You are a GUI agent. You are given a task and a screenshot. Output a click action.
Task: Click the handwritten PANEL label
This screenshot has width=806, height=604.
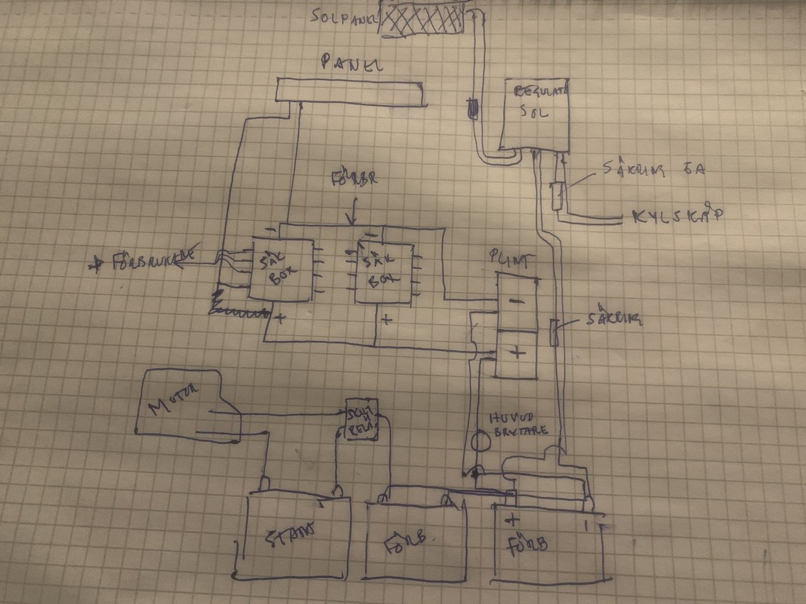pyautogui.click(x=352, y=63)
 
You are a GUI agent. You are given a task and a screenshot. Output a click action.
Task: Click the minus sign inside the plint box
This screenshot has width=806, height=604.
pyautogui.click(x=516, y=301)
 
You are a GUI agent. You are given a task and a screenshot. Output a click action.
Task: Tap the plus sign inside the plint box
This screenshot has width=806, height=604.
pyautogui.click(x=517, y=353)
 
